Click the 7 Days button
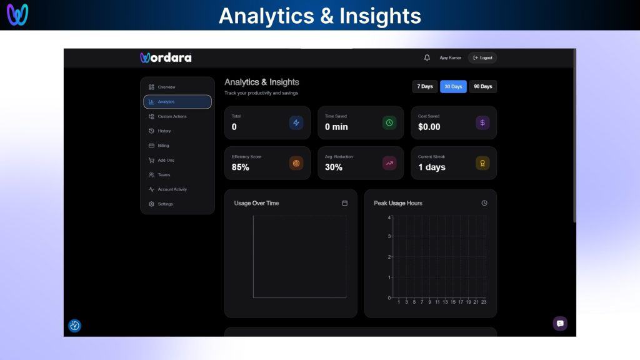point(425,86)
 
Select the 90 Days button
point(482,86)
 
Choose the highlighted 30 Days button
point(453,86)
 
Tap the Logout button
point(482,57)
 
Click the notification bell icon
point(427,57)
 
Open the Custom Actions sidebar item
point(171,116)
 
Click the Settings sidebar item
point(165,204)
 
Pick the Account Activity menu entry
point(171,189)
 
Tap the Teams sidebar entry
point(163,175)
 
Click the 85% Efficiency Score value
point(241,167)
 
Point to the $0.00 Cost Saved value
point(429,127)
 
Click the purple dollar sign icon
point(482,122)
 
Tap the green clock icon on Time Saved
point(389,122)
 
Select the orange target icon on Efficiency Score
point(296,163)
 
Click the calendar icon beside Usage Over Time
point(344,203)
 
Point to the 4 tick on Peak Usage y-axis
point(389,217)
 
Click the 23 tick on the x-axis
point(484,302)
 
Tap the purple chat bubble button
point(560,323)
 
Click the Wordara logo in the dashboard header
point(166,57)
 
